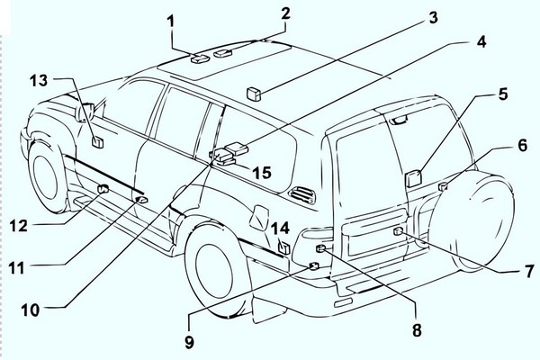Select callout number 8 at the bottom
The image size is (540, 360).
pos(416,330)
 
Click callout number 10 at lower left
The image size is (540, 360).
pos(31,309)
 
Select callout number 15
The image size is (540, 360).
pos(262,171)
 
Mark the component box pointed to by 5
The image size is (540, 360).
pos(416,177)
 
